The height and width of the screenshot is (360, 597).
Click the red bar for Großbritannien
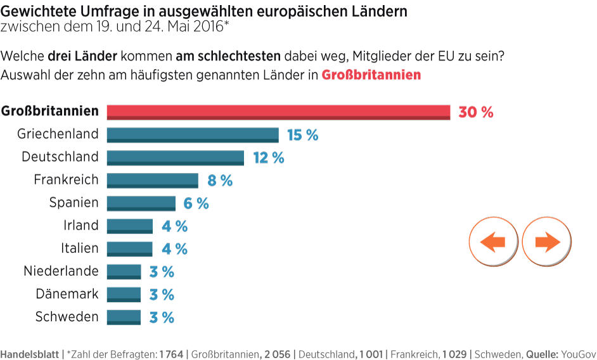click(x=278, y=112)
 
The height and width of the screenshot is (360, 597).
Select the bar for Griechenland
click(x=193, y=135)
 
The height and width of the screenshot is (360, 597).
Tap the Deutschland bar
click(x=175, y=158)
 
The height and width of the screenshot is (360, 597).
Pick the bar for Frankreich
click(x=152, y=181)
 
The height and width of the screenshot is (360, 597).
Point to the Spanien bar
click(x=141, y=203)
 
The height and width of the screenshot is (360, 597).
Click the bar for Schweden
click(x=124, y=318)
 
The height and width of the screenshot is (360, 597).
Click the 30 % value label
click(x=475, y=112)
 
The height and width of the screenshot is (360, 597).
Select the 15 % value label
click(x=302, y=135)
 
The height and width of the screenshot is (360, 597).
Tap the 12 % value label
click(x=269, y=158)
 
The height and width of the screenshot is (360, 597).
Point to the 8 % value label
click(x=220, y=181)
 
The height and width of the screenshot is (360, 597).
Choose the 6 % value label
click(x=196, y=203)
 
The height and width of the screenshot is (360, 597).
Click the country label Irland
click(x=81, y=226)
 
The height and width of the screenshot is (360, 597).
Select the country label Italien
click(x=80, y=248)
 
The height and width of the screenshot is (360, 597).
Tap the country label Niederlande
click(x=61, y=271)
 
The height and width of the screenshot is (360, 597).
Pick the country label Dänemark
click(x=67, y=294)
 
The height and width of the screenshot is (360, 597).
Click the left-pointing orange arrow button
click(x=493, y=241)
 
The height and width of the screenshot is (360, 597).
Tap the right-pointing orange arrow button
click(x=547, y=241)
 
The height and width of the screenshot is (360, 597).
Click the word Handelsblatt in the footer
click(x=29, y=354)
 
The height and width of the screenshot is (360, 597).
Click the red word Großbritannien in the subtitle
click(x=371, y=75)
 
